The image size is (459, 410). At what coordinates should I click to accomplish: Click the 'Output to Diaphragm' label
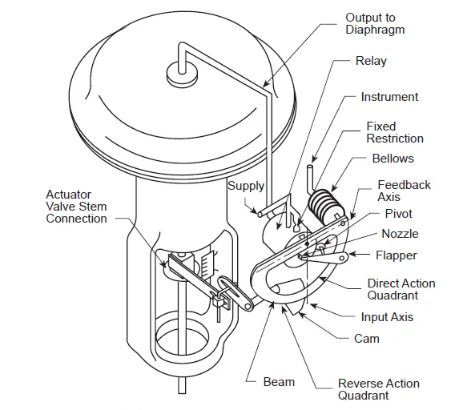tap(375, 24)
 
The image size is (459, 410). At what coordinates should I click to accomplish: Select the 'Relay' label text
tap(371, 61)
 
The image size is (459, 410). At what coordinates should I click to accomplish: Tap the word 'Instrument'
tap(389, 97)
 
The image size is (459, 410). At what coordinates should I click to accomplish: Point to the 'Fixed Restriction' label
tap(395, 132)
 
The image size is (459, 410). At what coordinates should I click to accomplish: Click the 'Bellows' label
tap(393, 159)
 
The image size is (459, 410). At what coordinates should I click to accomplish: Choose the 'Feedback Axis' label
tap(404, 191)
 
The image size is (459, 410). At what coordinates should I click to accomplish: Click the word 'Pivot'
tap(398, 214)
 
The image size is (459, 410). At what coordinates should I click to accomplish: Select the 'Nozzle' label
tap(400, 234)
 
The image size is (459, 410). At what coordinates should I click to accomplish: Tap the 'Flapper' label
tap(396, 255)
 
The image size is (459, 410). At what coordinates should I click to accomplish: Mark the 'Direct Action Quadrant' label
tap(401, 289)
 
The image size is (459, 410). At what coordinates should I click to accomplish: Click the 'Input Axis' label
tap(387, 317)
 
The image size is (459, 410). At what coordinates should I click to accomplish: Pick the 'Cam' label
tap(367, 339)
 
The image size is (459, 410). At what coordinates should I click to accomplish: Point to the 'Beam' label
tap(279, 382)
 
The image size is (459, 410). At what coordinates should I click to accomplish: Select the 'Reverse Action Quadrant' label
tap(379, 389)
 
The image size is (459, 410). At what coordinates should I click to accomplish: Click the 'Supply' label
tap(246, 186)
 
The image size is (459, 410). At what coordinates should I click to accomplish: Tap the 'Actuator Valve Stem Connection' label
tap(76, 207)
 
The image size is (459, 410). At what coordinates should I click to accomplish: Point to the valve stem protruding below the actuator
tap(182, 386)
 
